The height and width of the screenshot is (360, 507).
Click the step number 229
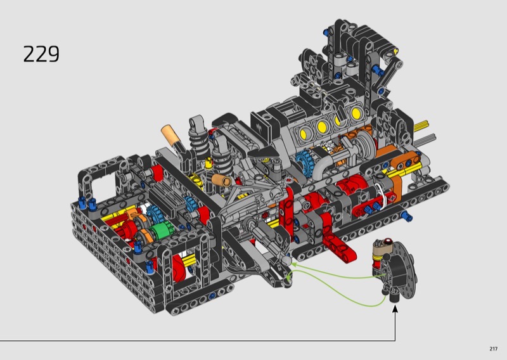click(41, 54)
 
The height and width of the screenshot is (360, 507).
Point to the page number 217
click(493, 349)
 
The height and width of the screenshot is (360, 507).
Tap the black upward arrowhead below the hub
click(395, 309)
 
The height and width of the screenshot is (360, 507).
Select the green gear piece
click(162, 231)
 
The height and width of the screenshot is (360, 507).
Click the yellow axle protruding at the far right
click(421, 125)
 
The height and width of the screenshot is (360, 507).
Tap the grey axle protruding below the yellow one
click(425, 139)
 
